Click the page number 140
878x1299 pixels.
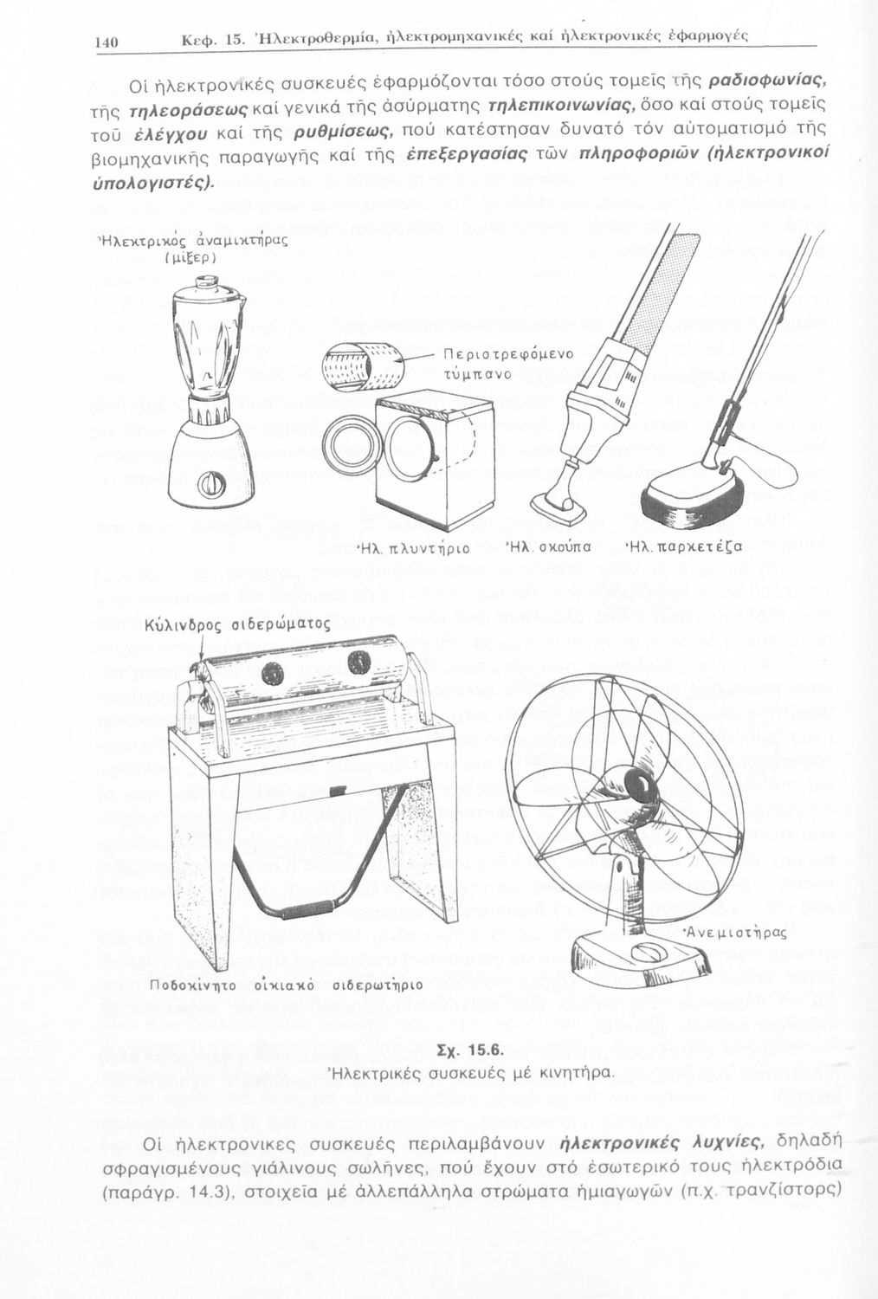tap(107, 42)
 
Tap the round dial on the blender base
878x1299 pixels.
tap(210, 483)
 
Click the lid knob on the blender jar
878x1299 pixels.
tap(203, 283)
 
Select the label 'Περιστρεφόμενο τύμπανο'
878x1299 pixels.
tap(508, 365)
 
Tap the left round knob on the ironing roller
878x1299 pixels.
tap(271, 672)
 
